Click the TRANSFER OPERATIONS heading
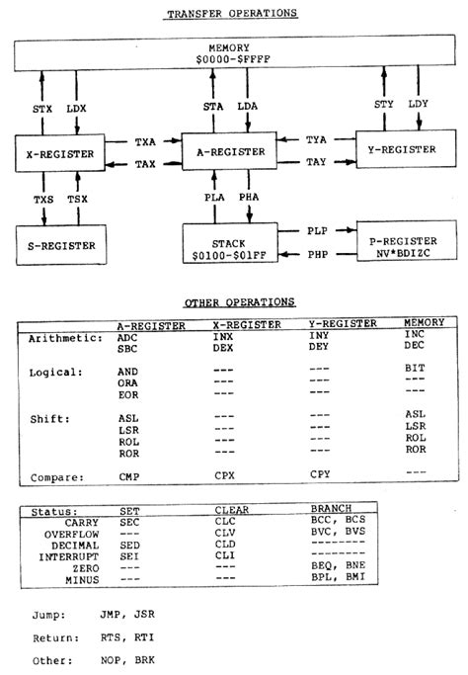(x=232, y=13)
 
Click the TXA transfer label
(x=145, y=142)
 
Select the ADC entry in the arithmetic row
(x=129, y=337)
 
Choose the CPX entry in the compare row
(x=226, y=476)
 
